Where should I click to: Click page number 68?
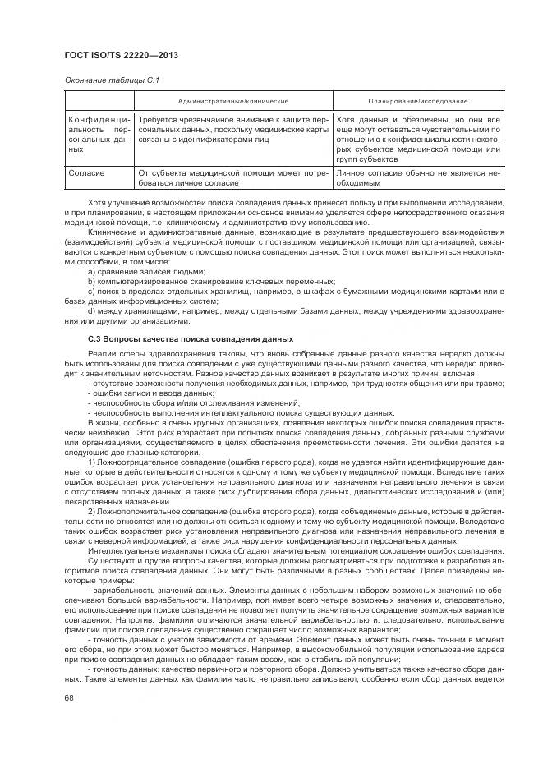click(x=69, y=697)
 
